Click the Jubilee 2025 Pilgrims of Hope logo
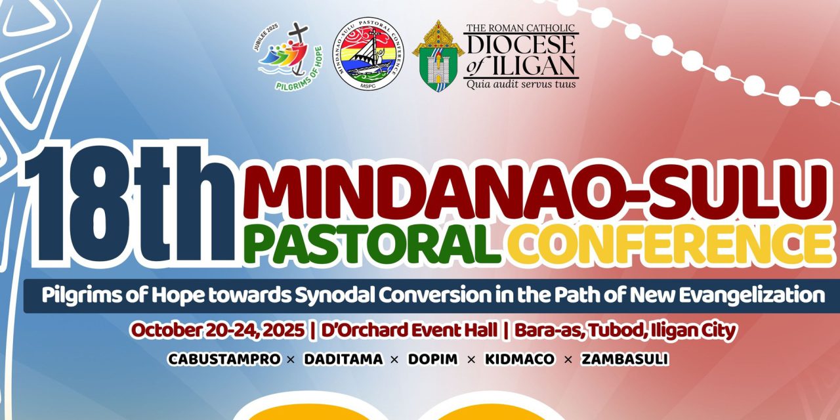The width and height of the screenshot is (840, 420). [x=283, y=56]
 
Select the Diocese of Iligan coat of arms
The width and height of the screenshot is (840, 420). [x=437, y=56]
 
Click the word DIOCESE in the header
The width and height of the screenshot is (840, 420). [x=521, y=45]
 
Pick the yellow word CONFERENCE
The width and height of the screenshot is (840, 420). [x=669, y=244]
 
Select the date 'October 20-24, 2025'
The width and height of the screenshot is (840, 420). [x=217, y=331]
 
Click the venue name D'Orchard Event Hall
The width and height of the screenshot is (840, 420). [x=408, y=331]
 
